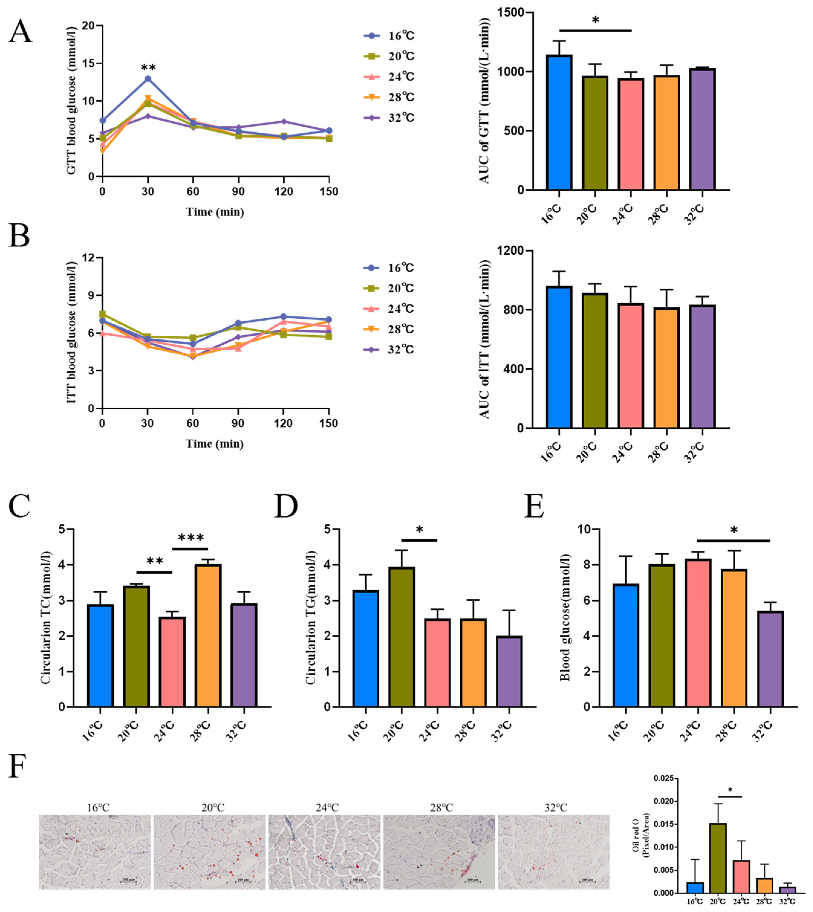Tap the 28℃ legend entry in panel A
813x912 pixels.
(x=389, y=97)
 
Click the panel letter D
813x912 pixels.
(x=286, y=506)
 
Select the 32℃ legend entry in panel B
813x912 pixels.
(x=389, y=350)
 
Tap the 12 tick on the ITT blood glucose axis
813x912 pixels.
(x=89, y=258)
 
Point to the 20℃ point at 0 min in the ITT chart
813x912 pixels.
(x=102, y=314)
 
